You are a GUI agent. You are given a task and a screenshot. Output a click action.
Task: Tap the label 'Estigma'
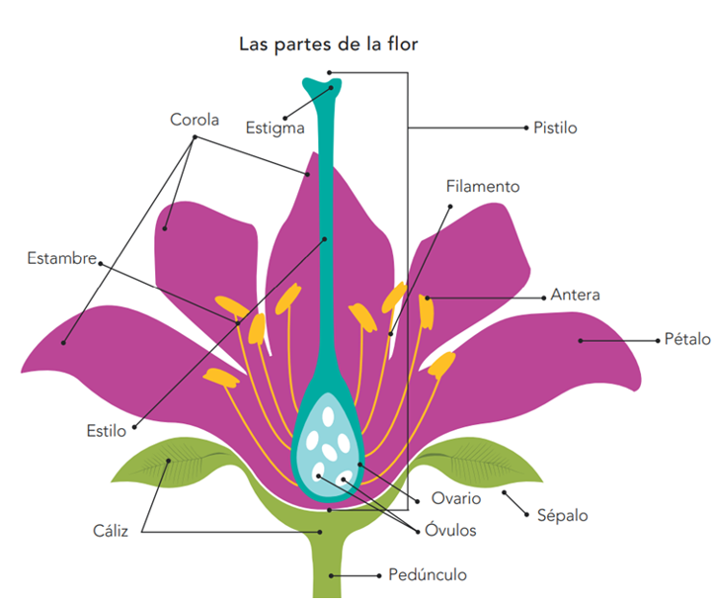[275, 128]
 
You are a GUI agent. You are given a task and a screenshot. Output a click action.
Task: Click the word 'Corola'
[194, 121]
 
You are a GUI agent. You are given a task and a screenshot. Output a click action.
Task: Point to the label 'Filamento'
[482, 186]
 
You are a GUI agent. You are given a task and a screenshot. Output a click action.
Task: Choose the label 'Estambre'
[61, 260]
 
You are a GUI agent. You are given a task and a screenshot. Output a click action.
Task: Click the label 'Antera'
[575, 295]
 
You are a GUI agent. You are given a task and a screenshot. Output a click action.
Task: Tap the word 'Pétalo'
[686, 339]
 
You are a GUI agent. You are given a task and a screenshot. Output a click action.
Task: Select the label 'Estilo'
[107, 431]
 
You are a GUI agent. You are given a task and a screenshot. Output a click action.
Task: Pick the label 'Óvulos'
[446, 531]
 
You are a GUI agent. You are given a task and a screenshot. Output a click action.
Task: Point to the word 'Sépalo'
[562, 515]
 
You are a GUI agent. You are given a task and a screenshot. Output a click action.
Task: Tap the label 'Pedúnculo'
[428, 574]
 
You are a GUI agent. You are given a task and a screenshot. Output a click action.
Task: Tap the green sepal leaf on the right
[474, 461]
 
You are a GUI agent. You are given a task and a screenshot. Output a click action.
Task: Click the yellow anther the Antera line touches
[427, 310]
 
